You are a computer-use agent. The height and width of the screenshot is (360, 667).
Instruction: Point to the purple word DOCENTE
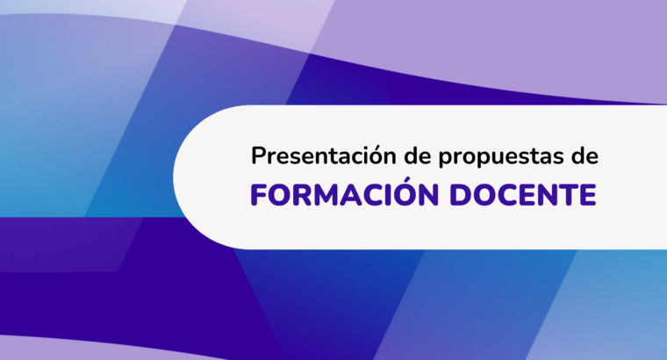pos(523,195)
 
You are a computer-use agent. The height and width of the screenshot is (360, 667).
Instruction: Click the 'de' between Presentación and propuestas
pos(417,155)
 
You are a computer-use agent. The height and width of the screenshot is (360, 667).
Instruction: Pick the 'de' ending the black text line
pos(585,155)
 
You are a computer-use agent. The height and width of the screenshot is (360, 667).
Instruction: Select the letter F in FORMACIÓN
pos(259,195)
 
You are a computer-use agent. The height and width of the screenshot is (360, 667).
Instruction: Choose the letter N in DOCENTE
pos(547,195)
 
